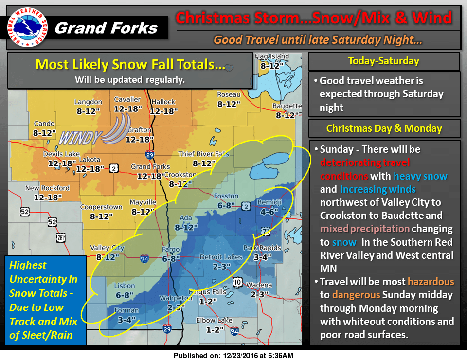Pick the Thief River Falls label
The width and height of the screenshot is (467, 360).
203,154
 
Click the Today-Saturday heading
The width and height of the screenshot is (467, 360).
384,61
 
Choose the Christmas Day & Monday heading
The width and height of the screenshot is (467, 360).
384,128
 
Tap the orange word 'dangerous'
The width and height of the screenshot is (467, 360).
356,295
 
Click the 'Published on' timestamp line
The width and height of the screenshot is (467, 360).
233,356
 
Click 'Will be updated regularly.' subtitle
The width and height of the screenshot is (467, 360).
129,79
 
